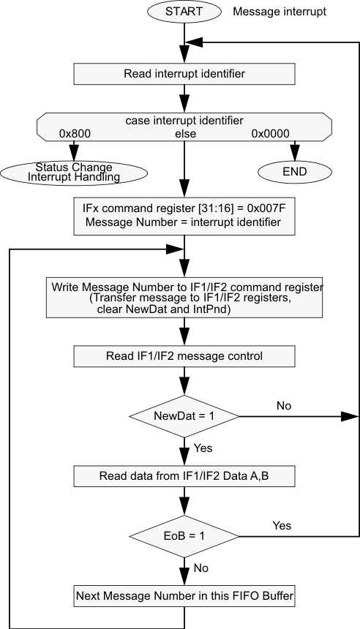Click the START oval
pyautogui.click(x=184, y=12)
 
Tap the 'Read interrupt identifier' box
pyautogui.click(x=184, y=73)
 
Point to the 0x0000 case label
pyautogui.click(x=271, y=134)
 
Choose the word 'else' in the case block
pyautogui.click(x=184, y=134)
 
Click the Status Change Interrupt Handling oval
pyautogui.click(x=74, y=172)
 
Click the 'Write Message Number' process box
pyautogui.click(x=184, y=297)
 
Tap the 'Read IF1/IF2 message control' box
pyautogui.click(x=184, y=356)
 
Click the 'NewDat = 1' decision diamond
pyautogui.click(x=184, y=417)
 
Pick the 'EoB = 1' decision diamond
pyautogui.click(x=184, y=537)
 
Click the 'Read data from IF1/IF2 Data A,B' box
pyautogui.click(x=184, y=477)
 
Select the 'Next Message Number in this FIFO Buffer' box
pyautogui.click(x=184, y=596)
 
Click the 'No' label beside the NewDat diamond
pyautogui.click(x=283, y=404)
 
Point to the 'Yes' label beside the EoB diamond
pyautogui.click(x=282, y=525)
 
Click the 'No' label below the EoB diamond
pyautogui.click(x=200, y=567)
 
